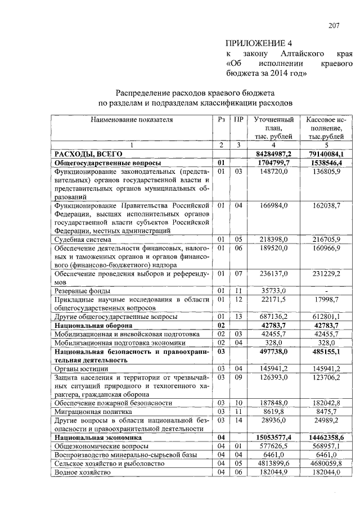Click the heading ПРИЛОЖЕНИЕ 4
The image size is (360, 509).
259,43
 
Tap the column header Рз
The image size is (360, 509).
222,120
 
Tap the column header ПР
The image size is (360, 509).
238,120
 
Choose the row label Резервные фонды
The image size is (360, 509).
82,291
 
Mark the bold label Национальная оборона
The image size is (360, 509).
93,325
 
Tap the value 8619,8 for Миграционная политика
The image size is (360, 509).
276,411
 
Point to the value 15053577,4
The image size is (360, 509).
273,437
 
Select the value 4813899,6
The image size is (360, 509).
274,463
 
